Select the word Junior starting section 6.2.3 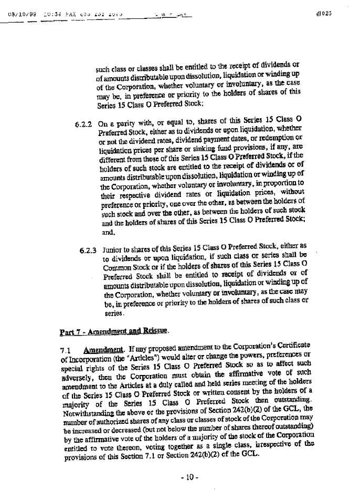click(x=113, y=245)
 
